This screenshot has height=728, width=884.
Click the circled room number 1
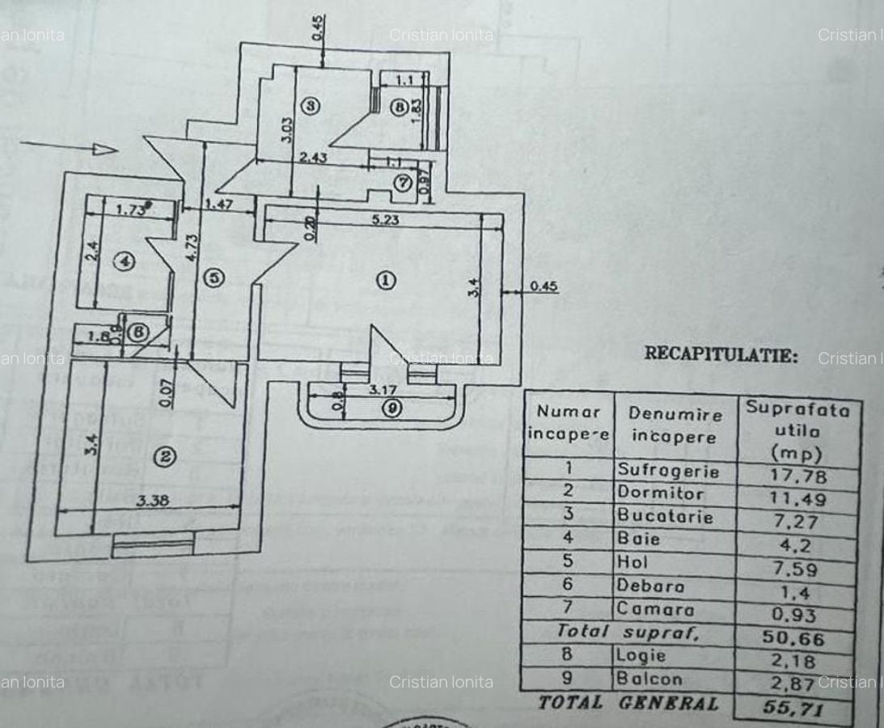[386, 280]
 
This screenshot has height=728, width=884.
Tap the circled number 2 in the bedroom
[164, 457]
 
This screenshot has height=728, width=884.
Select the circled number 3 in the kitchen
[311, 105]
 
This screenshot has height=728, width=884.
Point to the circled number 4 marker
[123, 261]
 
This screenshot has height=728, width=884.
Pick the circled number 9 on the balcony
[392, 408]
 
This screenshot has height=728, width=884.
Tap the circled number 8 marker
[397, 106]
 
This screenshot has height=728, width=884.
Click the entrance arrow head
[104, 149]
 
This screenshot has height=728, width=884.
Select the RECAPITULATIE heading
[721, 354]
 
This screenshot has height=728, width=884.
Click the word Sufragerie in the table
[668, 470]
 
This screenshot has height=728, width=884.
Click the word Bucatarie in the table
[666, 515]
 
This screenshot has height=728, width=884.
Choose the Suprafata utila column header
[797, 430]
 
